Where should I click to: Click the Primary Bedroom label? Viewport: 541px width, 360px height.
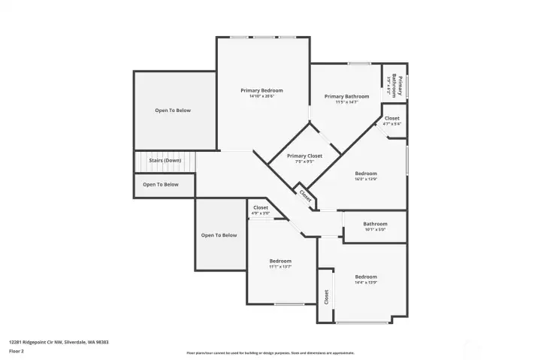[261, 90]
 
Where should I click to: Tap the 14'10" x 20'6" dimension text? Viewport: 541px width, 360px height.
[261, 96]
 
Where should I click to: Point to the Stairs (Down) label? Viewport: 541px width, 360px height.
[165, 160]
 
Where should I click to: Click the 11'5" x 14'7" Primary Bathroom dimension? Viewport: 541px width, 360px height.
[346, 102]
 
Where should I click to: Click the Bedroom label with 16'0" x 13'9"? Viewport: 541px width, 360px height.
[366, 173]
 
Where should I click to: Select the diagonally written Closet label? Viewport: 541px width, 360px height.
[305, 195]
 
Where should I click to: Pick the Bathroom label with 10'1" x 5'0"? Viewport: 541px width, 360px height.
[375, 223]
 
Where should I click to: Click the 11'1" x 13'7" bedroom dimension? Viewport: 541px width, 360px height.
[280, 267]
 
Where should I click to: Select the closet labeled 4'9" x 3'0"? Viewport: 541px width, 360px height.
[260, 207]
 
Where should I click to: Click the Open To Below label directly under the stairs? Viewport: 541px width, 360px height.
[161, 184]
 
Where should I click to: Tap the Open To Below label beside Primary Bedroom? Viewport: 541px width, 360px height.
[173, 110]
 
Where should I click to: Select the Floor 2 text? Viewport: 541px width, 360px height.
[17, 351]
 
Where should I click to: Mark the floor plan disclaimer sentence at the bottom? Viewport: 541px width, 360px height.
[270, 352]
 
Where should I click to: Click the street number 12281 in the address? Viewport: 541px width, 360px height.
[16, 342]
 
